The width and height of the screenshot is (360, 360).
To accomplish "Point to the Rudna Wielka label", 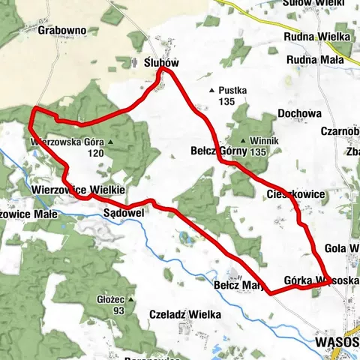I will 318,36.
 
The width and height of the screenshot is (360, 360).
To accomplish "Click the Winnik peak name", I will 258,142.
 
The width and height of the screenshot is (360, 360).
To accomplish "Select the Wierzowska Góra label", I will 66,141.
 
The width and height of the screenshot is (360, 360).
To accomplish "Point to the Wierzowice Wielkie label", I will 78,190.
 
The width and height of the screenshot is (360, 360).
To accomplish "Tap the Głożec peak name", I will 109,299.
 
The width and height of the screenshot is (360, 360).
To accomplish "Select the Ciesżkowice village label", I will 295,194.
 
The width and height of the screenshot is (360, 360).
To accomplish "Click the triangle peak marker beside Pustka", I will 212,91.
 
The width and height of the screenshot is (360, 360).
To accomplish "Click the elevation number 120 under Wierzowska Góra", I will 94,153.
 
